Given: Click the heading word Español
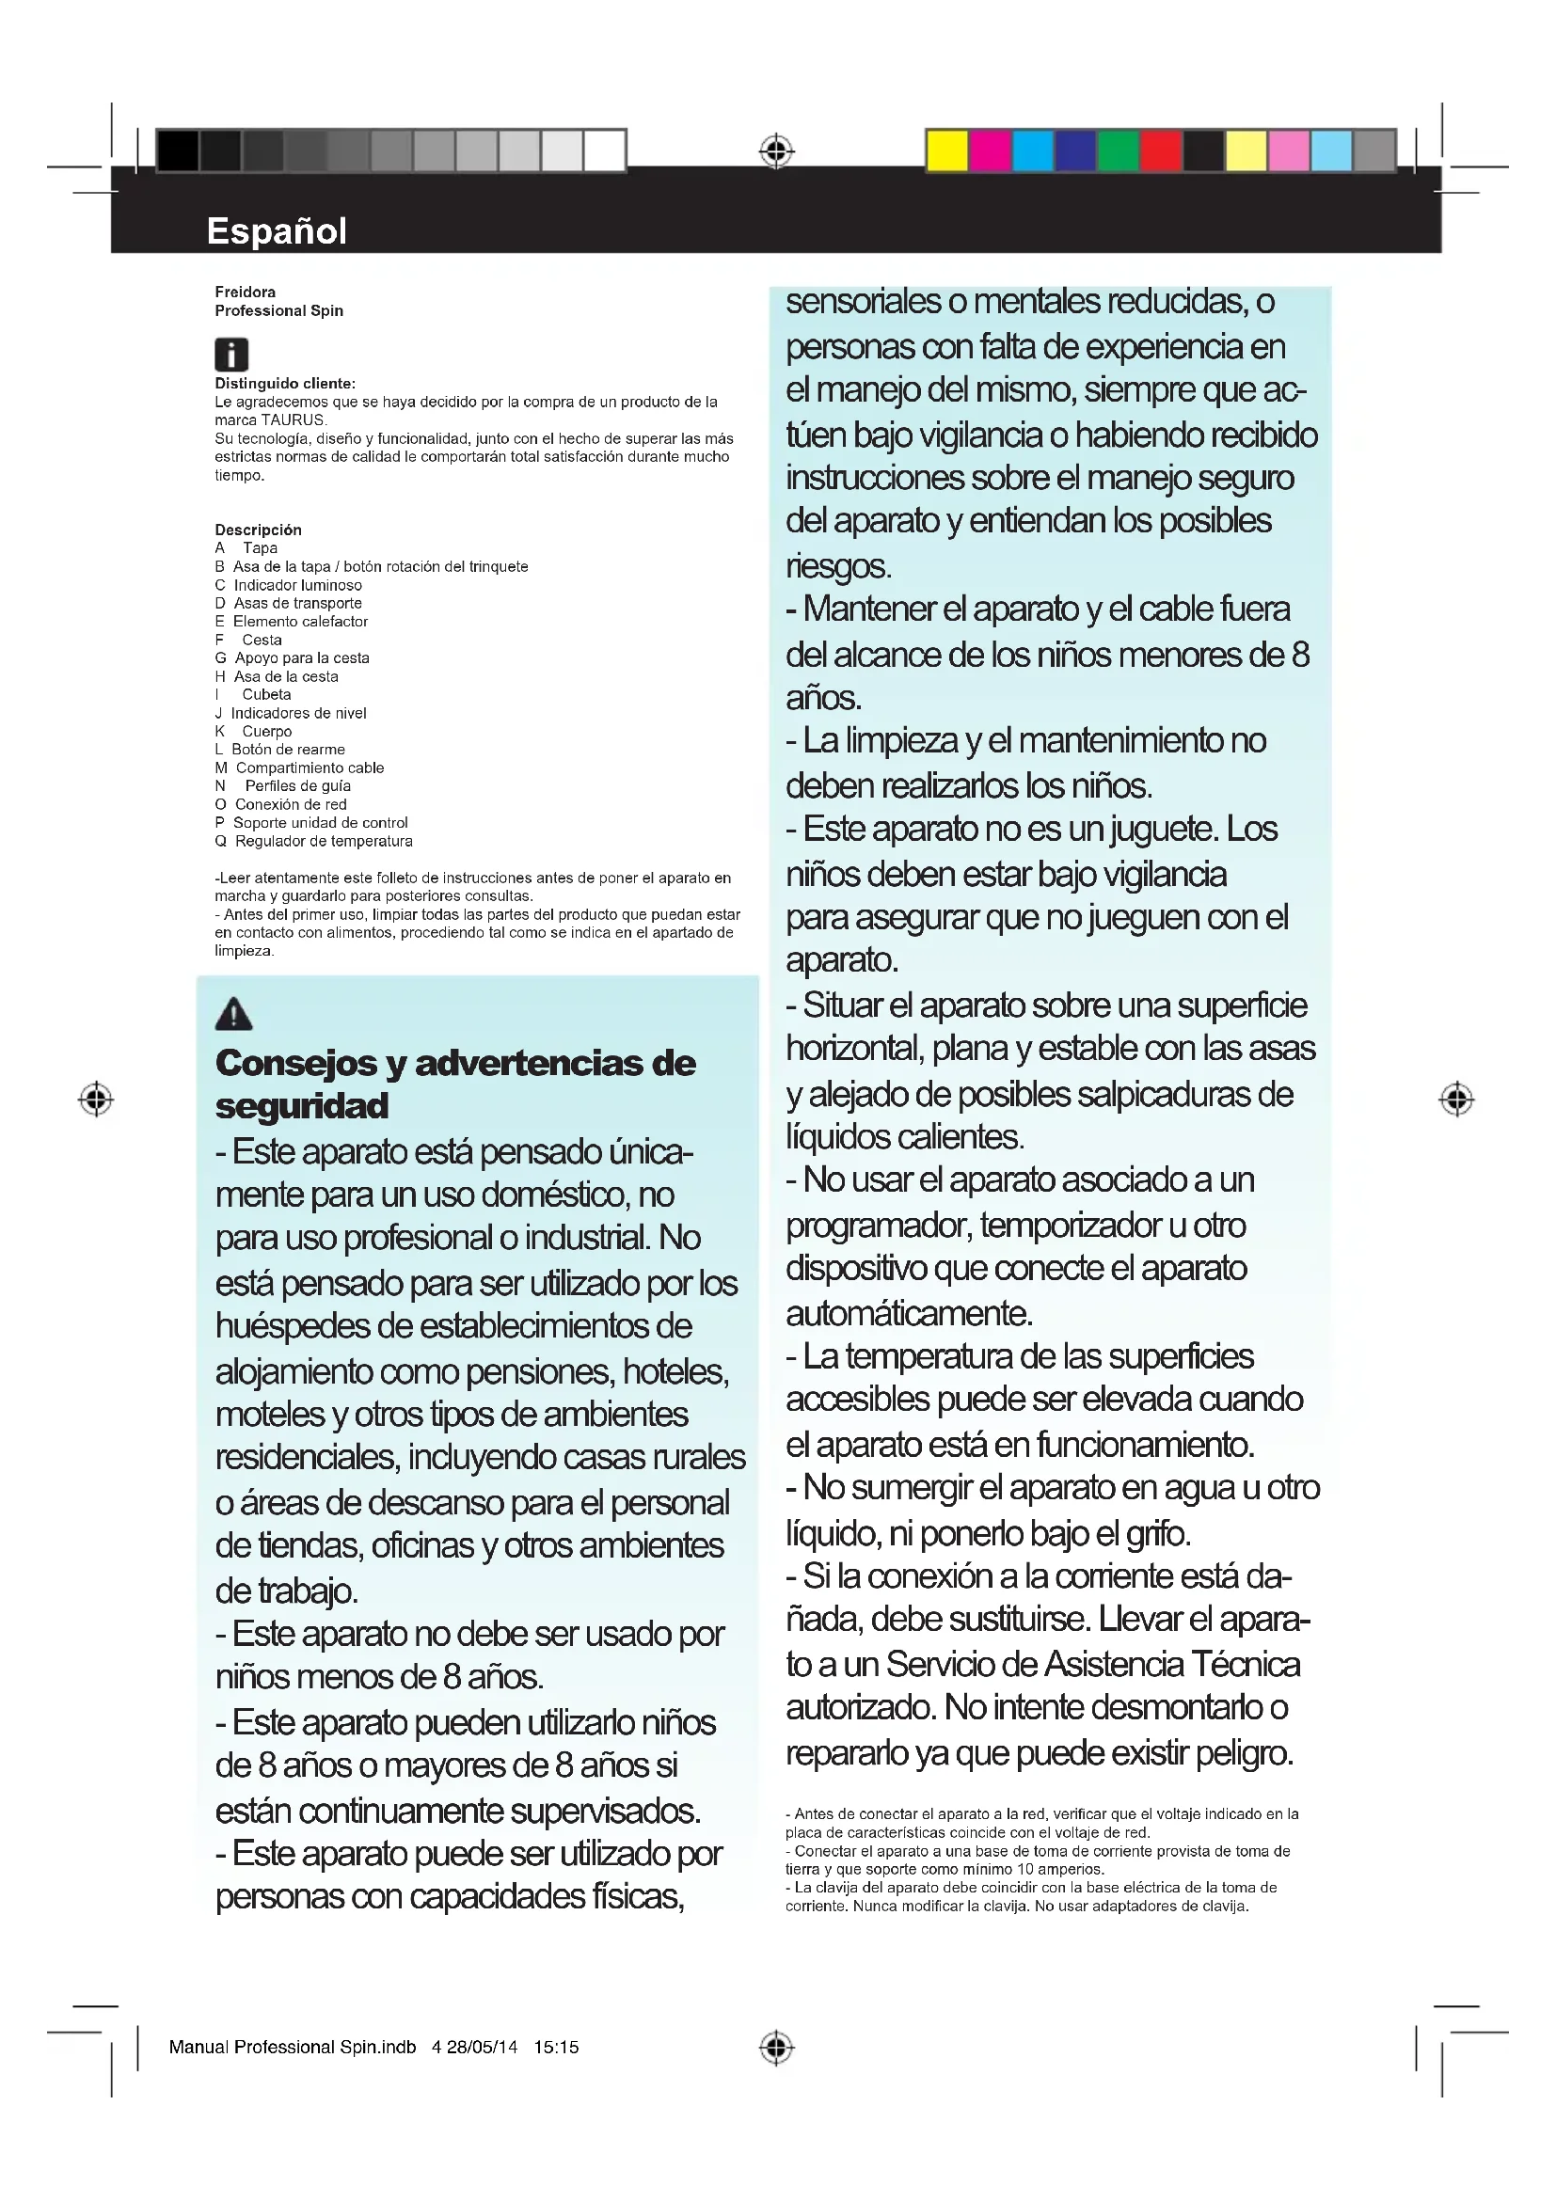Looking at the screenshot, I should click(x=276, y=231).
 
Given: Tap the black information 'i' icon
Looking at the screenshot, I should click(x=230, y=355).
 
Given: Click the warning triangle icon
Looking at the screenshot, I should click(x=234, y=1014).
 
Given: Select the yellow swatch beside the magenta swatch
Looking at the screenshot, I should click(x=946, y=151).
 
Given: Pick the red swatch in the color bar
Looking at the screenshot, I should click(x=1160, y=151).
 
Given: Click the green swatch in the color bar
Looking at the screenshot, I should click(x=1118, y=151).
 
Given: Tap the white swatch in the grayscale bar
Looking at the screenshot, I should click(x=605, y=151).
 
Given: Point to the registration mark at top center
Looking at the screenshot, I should click(x=776, y=151).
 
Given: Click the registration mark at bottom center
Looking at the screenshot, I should click(x=776, y=2048).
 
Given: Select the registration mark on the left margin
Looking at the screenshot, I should click(x=96, y=1099).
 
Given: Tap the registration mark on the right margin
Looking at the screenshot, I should click(x=1456, y=1099).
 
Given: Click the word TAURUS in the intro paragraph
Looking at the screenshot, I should click(x=293, y=419).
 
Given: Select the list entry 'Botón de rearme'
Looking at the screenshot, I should click(x=288, y=750).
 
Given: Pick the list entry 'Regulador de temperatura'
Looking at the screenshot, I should click(x=323, y=841).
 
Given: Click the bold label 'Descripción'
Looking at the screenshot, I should click(x=258, y=530).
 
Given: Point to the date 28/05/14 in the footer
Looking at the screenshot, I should click(x=481, y=2048).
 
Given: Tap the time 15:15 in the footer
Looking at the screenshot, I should click(x=556, y=2048).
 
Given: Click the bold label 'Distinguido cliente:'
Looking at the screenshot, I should click(x=284, y=383).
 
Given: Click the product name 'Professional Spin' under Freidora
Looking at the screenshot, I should click(x=278, y=310).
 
